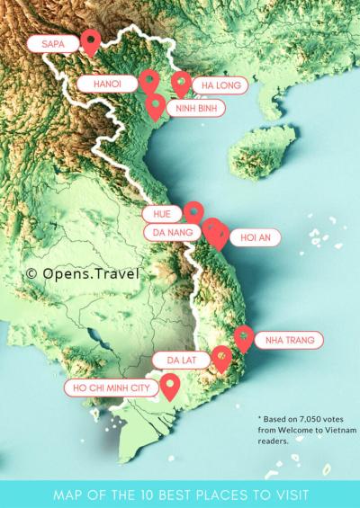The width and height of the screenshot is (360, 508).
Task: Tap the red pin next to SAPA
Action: tap(90, 40)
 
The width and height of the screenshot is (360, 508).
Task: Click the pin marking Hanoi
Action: tap(149, 82)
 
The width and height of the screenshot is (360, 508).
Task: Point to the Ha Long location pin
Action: tap(181, 84)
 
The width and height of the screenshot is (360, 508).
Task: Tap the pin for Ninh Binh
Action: tap(156, 106)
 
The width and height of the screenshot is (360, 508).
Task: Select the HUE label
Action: tap(162, 214)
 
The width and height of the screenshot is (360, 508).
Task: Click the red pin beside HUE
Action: tap(193, 211)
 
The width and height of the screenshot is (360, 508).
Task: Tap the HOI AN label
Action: tap(256, 237)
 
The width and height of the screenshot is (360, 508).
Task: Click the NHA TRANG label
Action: tap(287, 341)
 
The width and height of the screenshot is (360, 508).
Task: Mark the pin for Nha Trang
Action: tap(244, 337)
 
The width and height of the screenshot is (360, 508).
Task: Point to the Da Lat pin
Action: tap(221, 359)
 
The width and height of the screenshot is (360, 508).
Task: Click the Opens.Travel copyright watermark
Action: tap(82, 272)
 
